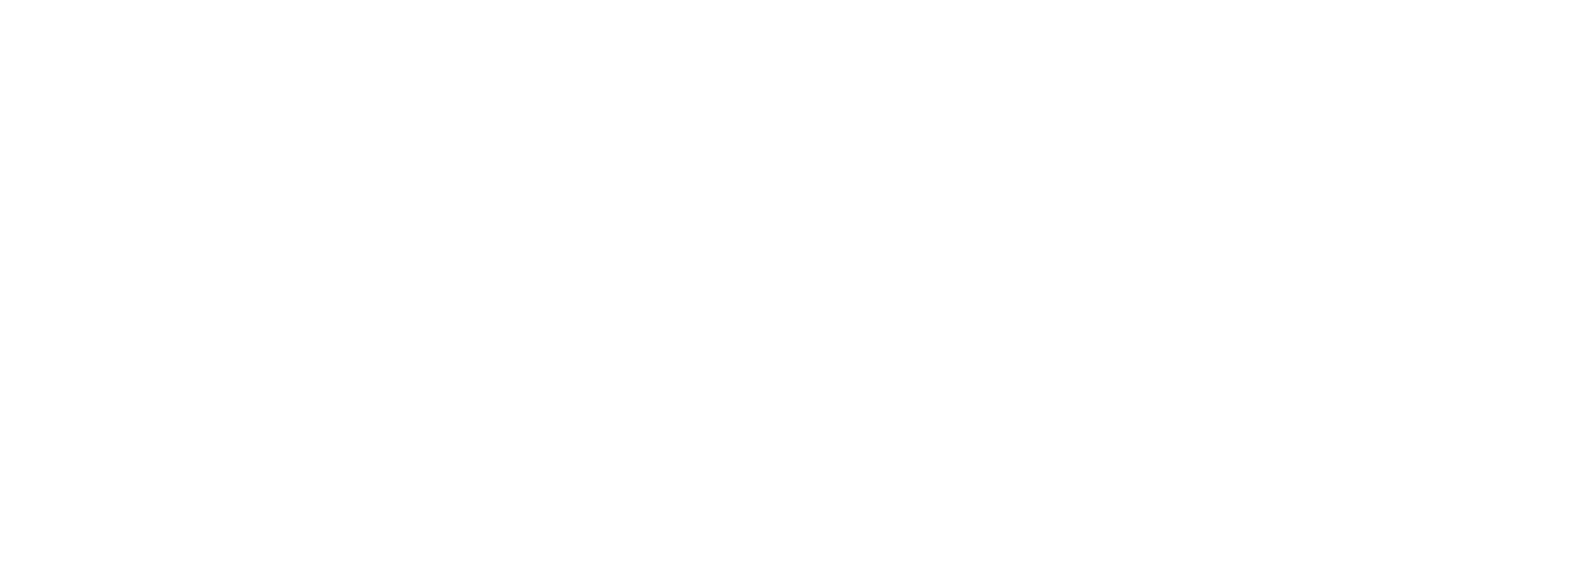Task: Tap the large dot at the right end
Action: pyautogui.click(x=1110, y=316)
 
